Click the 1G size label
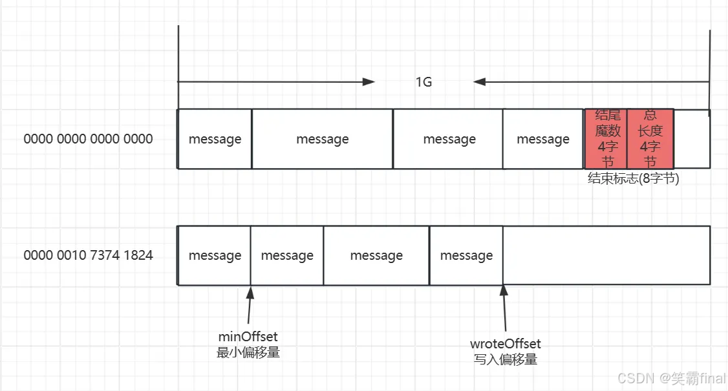pyautogui.click(x=423, y=83)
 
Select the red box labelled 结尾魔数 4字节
pyautogui.click(x=606, y=138)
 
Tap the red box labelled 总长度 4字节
pyautogui.click(x=650, y=138)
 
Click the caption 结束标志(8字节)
pyautogui.click(x=633, y=179)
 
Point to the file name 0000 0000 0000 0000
pyautogui.click(x=89, y=139)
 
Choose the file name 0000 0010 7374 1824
pyautogui.click(x=89, y=255)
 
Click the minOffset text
pyautogui.click(x=248, y=337)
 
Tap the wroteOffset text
pyautogui.click(x=505, y=344)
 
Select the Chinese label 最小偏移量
pyautogui.click(x=248, y=353)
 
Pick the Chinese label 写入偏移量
pyautogui.click(x=505, y=359)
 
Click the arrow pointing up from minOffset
pyautogui.click(x=250, y=304)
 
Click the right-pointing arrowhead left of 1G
pyautogui.click(x=369, y=82)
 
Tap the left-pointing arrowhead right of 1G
pyautogui.click(x=479, y=82)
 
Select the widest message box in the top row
pyautogui.click(x=322, y=139)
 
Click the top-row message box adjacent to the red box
pyautogui.click(x=543, y=139)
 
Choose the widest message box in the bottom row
pyautogui.click(x=376, y=256)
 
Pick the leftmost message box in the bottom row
pyautogui.click(x=215, y=256)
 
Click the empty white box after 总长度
pyautogui.click(x=692, y=138)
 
